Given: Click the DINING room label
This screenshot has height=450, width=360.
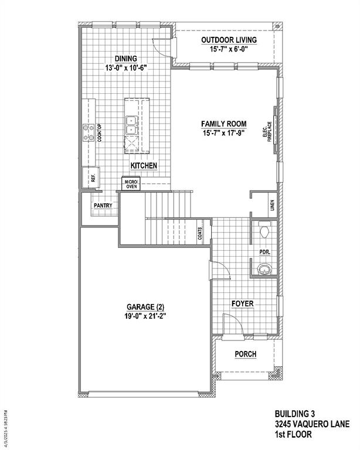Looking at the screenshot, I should pos(125,59).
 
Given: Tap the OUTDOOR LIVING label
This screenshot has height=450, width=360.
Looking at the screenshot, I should pos(229,40).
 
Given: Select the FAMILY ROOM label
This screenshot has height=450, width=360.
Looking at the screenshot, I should pos(223,124).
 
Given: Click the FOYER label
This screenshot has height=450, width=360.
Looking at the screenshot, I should pos(242,304).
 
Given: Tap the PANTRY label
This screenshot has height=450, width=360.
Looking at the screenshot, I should pos(103,206).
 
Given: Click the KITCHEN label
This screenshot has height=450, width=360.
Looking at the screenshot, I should pos(144,166).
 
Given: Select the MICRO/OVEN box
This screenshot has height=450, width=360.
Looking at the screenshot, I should pos(130,184).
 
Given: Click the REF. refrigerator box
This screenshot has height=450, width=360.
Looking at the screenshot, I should pos(93,176).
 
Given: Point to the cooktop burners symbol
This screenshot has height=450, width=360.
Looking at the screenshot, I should pos(89,133).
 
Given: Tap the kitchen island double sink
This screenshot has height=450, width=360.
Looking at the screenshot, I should pos(131,125).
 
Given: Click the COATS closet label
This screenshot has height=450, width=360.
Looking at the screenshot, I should pos(201,234).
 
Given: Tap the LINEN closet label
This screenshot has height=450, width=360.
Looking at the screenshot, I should pos(272,205).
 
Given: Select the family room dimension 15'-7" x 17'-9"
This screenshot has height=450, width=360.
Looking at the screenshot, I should pos(223,133).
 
